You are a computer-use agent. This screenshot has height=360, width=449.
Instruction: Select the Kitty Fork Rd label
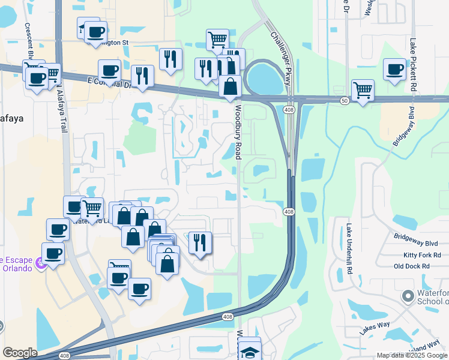[x=422, y=255]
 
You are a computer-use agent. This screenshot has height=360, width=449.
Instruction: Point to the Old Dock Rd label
[x=412, y=266]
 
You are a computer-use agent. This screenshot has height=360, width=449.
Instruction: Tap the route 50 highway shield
[x=344, y=101]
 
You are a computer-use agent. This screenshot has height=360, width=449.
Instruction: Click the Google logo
[x=20, y=353]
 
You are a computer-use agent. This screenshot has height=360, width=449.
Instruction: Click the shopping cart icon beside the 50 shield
[x=363, y=91]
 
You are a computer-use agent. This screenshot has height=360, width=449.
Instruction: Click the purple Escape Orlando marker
[x=40, y=263]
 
